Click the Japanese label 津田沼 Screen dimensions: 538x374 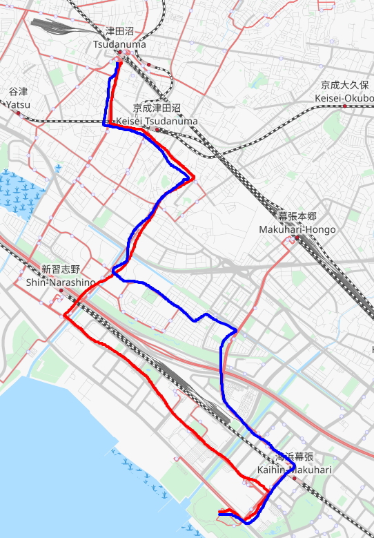click(120, 32)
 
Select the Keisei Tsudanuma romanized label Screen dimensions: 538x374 click(157, 121)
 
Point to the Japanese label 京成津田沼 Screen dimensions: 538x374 click(157, 109)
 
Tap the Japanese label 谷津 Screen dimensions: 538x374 click(18, 92)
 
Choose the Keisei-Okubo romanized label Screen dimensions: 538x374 click(344, 97)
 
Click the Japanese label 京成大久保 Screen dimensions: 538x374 click(344, 86)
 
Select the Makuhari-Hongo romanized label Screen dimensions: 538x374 click(297, 229)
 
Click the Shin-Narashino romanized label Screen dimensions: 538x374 click(61, 282)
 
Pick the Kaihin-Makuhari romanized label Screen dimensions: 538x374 click(295, 470)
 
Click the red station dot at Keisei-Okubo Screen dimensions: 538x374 click(344, 106)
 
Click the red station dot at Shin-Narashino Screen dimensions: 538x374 click(61, 290)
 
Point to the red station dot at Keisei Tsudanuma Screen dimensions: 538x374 click(157, 129)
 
